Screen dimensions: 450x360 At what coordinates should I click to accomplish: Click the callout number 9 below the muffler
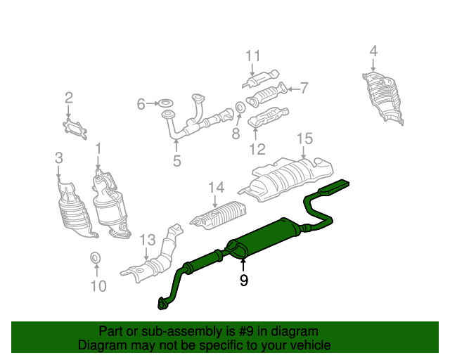coord(243,280)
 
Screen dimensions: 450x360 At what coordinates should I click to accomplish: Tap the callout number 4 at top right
coord(373,51)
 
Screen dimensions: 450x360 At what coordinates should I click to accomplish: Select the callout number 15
coord(304,139)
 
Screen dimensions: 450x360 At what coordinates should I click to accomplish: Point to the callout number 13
coord(148,240)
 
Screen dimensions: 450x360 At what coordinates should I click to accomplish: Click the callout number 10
coord(98,286)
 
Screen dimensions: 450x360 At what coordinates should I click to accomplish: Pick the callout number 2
coord(69,98)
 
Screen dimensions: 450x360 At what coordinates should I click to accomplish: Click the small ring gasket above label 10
coord(96,257)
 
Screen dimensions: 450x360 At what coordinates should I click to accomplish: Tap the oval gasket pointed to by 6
coord(166,103)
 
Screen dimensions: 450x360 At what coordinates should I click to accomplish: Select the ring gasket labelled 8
coord(240,107)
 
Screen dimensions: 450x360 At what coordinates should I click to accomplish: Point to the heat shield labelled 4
coord(383,98)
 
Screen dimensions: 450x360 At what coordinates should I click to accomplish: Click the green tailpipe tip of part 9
coord(335,186)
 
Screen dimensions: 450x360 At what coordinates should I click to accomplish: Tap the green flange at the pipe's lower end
coord(163,304)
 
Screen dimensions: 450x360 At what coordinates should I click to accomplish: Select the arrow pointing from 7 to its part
coord(293,89)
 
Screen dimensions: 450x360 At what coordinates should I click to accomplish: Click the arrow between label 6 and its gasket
coord(153,103)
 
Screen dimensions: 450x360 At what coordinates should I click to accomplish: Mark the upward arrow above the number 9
coord(243,266)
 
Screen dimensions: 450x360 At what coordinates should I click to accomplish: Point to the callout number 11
coord(253,56)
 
